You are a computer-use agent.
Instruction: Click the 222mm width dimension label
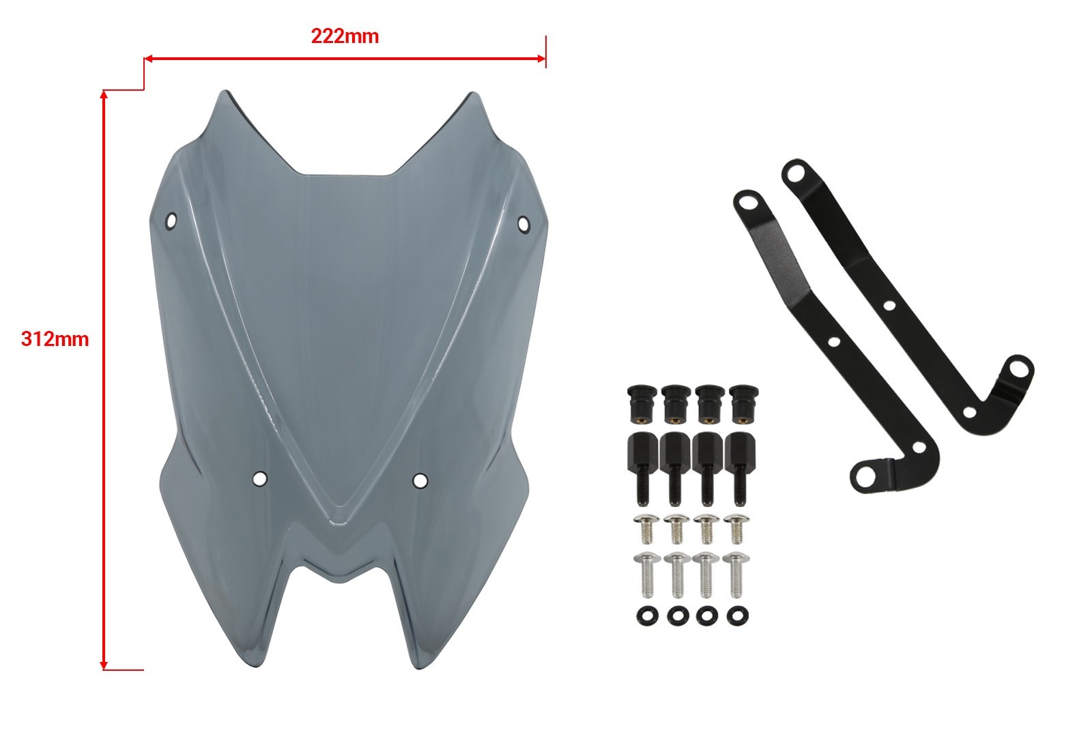pos(345,37)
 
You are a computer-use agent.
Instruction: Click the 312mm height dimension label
pos(55,339)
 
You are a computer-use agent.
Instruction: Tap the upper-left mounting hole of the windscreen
pos(171,221)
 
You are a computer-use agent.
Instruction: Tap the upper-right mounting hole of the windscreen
pos(523,225)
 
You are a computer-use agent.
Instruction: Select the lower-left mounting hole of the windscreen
pos(260,478)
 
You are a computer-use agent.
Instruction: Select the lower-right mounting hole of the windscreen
pos(420,481)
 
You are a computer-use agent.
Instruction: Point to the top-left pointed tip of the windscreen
pos(225,91)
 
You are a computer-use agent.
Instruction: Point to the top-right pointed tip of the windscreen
pos(472,93)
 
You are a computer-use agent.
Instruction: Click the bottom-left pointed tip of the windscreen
pos(257,666)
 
